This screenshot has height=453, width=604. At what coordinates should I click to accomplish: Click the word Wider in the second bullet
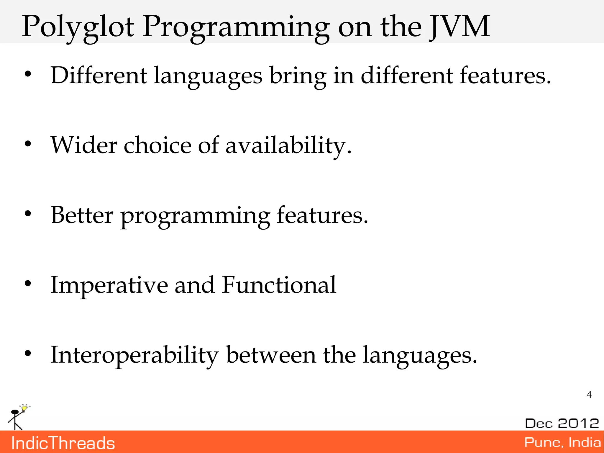click(84, 145)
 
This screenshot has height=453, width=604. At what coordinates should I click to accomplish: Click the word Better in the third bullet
click(82, 215)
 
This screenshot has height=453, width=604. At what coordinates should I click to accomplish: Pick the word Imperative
click(109, 285)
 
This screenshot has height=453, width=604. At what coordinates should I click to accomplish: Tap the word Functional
click(279, 285)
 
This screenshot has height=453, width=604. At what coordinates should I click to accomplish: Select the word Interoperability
click(134, 355)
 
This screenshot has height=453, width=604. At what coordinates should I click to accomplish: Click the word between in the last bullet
click(271, 355)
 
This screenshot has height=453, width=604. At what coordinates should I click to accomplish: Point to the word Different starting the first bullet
click(99, 76)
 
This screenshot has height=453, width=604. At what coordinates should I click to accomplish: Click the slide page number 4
click(589, 395)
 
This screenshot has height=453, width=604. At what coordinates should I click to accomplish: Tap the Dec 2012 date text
click(562, 423)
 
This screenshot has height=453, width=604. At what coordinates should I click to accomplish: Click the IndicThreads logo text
click(63, 443)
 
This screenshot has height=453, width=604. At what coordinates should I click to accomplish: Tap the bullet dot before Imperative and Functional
click(28, 284)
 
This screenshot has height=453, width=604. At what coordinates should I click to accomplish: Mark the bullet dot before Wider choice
click(28, 144)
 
